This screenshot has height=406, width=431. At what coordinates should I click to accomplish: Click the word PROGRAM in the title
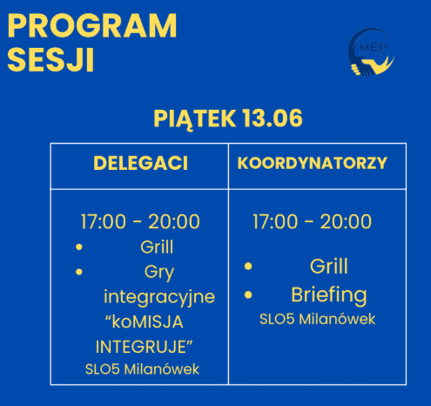pos(92,25)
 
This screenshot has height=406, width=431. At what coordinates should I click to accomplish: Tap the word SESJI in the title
pos(51,60)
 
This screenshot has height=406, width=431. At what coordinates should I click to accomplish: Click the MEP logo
pos(371,52)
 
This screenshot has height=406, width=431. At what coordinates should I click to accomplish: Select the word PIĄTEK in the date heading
pos(194,118)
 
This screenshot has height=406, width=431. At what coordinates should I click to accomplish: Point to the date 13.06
pos(273,118)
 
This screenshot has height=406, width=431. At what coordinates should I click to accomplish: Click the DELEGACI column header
pos(140,163)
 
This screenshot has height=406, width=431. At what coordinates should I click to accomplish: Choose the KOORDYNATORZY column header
pos(313,163)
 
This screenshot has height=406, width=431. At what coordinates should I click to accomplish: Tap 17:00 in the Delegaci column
pos(103,221)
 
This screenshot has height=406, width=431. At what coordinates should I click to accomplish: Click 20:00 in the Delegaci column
pos(174,221)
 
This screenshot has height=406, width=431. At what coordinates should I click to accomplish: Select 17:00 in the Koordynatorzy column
pos(275,221)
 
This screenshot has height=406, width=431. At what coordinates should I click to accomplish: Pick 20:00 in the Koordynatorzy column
pos(346,221)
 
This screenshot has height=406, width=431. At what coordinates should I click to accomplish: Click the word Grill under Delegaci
pos(157,247)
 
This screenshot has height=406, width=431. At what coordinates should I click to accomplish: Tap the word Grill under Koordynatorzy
pos(329,266)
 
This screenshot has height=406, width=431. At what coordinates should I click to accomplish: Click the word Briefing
pos(329,295)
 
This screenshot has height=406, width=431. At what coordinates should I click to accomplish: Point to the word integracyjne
pos(159,297)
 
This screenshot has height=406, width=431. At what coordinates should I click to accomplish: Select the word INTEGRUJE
pos(141,347)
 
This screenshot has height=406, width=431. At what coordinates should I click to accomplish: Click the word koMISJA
pos(148,321)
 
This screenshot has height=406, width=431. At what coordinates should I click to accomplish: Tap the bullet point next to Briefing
pos(248,294)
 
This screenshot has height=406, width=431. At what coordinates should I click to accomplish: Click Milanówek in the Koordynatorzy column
pos(337,319)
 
